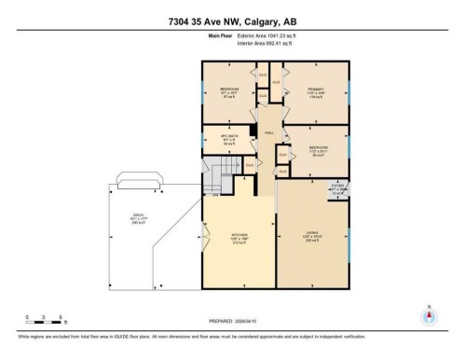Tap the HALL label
pyautogui.click(x=268, y=133)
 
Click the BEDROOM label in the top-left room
pyautogui.click(x=229, y=90)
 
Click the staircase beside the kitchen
pyautogui.click(x=218, y=175)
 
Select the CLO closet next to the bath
pyautogui.click(x=250, y=164)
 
